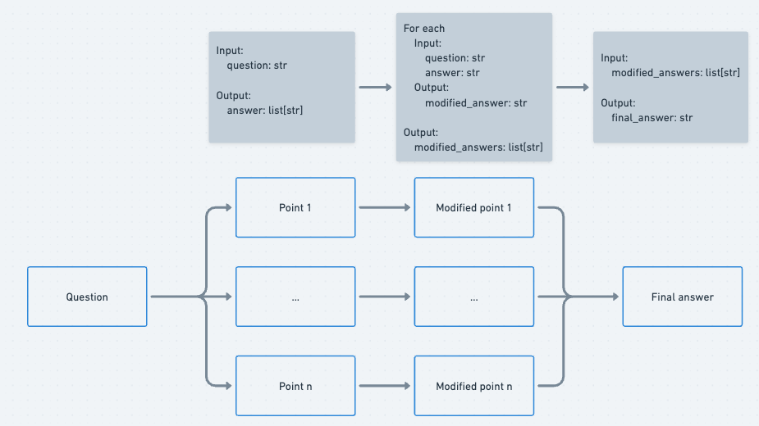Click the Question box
point(87,297)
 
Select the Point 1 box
point(295,207)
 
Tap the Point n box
point(295,386)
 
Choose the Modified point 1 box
point(473,207)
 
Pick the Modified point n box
point(473,386)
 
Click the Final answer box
point(682,297)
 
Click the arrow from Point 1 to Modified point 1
point(384,208)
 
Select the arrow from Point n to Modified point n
point(384,386)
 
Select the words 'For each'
point(424,29)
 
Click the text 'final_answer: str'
point(652,117)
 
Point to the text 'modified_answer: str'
point(475,102)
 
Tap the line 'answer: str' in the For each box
point(452,73)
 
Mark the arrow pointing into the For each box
point(375,87)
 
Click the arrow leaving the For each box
point(573,87)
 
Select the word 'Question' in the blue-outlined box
point(87,297)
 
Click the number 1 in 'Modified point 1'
point(509,207)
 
